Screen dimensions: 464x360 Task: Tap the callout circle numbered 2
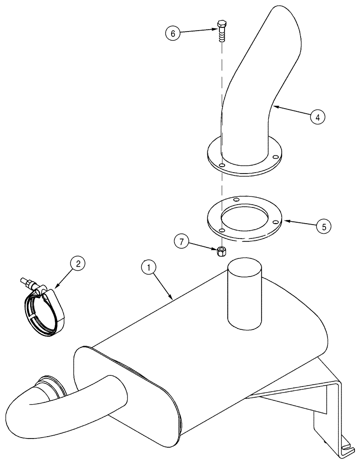coord(77,264)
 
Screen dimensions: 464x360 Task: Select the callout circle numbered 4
coord(317,117)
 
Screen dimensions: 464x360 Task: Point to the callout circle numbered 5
coord(324,226)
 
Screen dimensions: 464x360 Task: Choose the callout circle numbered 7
coord(182,241)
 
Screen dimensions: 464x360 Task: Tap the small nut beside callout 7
coord(222,251)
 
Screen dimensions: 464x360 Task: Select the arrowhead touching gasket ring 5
coord(283,221)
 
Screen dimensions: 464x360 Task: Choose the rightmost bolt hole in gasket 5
coord(276,222)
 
